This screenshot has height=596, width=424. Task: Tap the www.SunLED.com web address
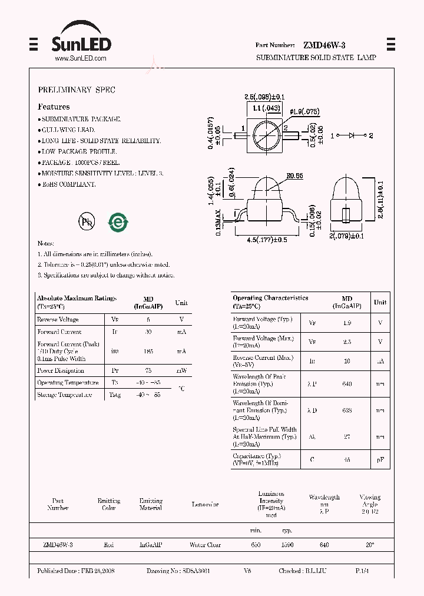[80, 58]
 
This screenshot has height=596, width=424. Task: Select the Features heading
[54, 107]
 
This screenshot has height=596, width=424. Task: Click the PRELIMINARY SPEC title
[77, 90]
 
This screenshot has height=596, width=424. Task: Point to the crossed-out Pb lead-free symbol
[87, 221]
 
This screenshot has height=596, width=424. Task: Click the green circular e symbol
[118, 221]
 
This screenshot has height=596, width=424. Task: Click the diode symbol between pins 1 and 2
[352, 135]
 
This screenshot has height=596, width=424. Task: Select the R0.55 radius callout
[294, 176]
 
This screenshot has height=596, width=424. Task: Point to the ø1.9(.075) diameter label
[304, 111]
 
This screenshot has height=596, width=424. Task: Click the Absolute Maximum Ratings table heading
[77, 299]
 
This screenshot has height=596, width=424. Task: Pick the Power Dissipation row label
[61, 371]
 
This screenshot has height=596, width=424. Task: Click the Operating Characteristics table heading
[270, 299]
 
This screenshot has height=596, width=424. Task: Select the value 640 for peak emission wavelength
[347, 384]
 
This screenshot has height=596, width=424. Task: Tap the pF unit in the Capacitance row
[380, 459]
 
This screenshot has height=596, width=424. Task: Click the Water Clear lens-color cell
[205, 545]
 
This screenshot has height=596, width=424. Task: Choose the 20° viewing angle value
[370, 545]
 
